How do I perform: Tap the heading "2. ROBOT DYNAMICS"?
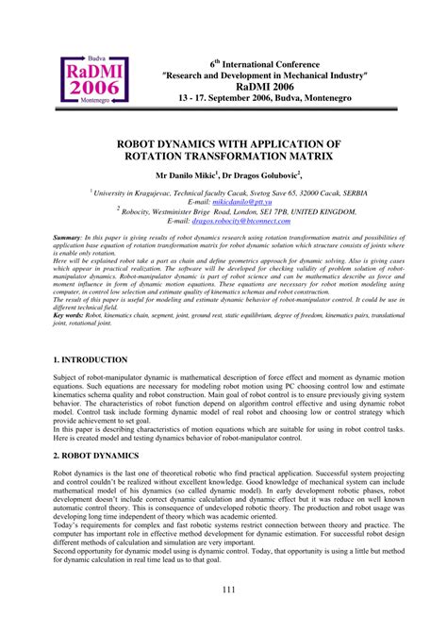tap(96, 454)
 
